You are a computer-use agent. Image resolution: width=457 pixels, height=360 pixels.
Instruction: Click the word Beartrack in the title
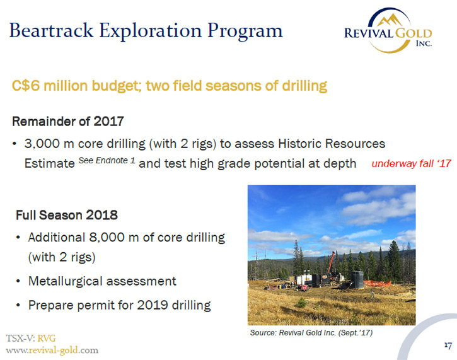(x=52, y=30)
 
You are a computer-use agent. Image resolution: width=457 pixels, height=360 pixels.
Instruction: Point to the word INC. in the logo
(x=424, y=44)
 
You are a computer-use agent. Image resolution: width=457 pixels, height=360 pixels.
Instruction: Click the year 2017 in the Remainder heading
(x=108, y=121)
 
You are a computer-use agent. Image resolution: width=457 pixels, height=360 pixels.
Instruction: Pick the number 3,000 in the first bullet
(x=43, y=144)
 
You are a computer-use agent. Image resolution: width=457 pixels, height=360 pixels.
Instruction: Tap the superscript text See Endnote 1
(x=107, y=160)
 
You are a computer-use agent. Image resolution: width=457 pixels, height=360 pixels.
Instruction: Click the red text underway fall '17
(x=411, y=163)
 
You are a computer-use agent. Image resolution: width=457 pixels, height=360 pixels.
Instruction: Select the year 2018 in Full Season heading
(x=101, y=215)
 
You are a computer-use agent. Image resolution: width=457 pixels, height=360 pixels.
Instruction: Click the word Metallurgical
(x=66, y=282)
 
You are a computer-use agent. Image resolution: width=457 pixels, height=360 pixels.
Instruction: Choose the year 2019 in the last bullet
(x=153, y=305)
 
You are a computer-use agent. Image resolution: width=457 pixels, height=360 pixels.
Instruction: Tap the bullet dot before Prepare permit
(x=18, y=306)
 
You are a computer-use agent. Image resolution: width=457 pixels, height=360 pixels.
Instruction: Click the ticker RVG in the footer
(x=47, y=338)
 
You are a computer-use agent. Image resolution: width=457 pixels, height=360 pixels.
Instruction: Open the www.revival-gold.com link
(x=52, y=350)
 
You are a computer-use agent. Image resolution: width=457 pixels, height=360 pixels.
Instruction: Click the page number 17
(x=448, y=345)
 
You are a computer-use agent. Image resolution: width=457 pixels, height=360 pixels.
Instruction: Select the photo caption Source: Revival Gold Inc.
(x=311, y=333)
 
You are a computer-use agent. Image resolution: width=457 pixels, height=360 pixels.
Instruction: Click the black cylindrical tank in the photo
(x=357, y=279)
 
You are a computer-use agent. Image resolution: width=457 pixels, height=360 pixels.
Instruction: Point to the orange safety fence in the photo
(x=377, y=283)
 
